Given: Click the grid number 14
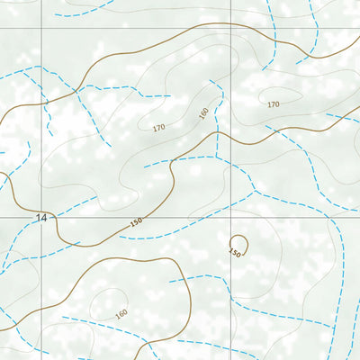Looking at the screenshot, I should tap(40, 218).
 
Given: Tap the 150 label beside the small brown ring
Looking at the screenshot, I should tap(235, 253).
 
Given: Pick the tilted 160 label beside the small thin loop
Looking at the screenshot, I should tap(122, 314).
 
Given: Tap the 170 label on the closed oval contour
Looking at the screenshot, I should tap(274, 104).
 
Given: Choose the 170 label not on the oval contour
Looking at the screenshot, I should tap(158, 128).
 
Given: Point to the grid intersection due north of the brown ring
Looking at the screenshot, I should tap(231, 28).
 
